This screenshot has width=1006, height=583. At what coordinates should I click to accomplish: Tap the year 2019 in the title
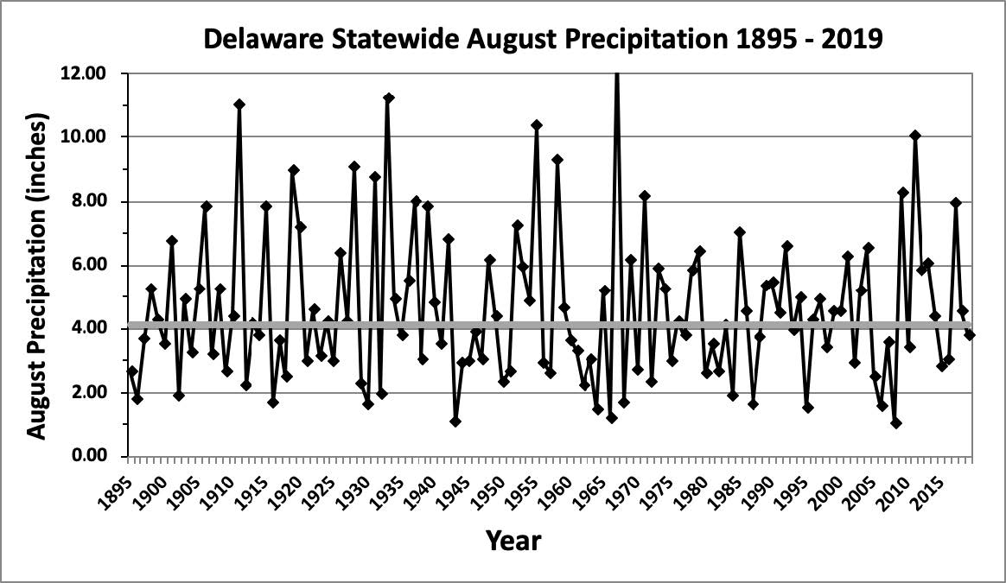[850, 39]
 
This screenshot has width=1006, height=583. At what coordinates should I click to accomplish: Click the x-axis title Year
[513, 542]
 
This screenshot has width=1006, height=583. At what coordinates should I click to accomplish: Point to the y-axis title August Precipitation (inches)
[36, 264]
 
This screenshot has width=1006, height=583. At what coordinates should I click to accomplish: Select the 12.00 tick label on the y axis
[84, 73]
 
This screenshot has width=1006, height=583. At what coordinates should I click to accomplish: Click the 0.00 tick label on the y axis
[87, 456]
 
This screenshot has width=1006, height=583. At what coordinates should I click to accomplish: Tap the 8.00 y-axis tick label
[87, 201]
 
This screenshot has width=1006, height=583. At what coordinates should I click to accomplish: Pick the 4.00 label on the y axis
[87, 328]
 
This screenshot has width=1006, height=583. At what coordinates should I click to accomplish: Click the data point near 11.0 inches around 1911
[239, 105]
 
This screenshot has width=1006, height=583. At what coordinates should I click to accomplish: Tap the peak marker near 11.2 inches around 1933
[388, 98]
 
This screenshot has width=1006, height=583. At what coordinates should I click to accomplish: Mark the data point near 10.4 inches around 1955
[537, 125]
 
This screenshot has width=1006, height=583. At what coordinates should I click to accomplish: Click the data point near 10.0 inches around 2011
[915, 136]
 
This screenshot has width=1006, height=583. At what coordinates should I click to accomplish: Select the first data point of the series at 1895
[131, 371]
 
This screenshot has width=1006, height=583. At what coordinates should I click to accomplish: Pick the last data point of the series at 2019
[970, 334]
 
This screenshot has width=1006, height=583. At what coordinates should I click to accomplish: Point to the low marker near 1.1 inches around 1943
[455, 421]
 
